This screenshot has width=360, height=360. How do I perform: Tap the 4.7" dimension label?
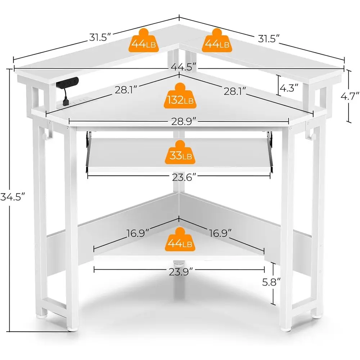pyautogui.click(x=350, y=96)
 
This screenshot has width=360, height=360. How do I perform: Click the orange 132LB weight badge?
pyautogui.click(x=180, y=96)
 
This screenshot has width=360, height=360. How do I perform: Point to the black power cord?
pyautogui.click(x=66, y=98)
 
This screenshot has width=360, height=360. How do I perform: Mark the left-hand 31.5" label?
pyautogui.click(x=100, y=37)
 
